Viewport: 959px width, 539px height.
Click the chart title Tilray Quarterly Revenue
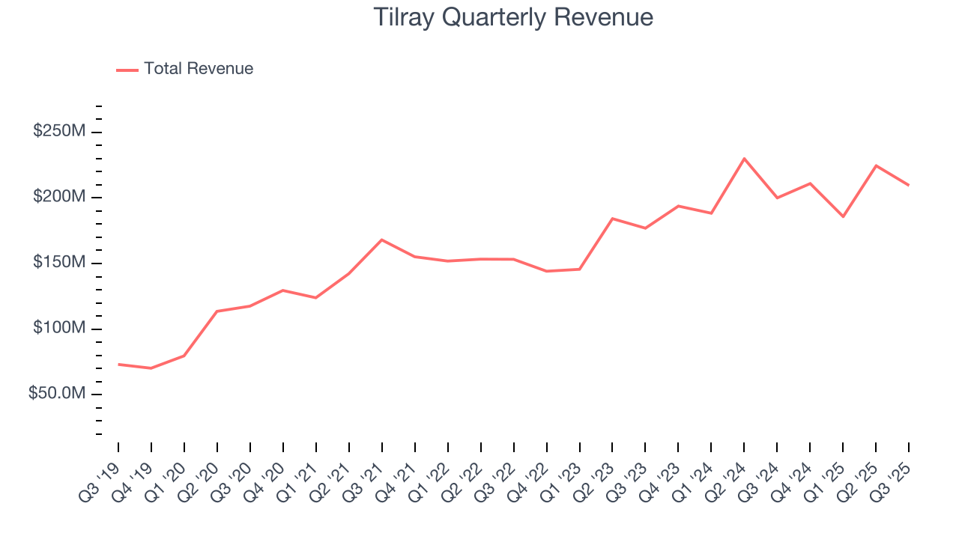(x=513, y=17)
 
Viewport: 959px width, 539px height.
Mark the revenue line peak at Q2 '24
(x=744, y=159)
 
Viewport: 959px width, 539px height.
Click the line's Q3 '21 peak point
(x=382, y=240)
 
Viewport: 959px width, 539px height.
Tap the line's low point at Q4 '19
(x=151, y=368)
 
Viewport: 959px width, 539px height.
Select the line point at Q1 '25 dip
(x=843, y=217)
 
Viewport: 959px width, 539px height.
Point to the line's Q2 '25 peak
(x=876, y=165)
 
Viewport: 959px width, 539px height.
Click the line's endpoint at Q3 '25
(x=909, y=185)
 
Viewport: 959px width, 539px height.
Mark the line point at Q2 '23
(x=612, y=219)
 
